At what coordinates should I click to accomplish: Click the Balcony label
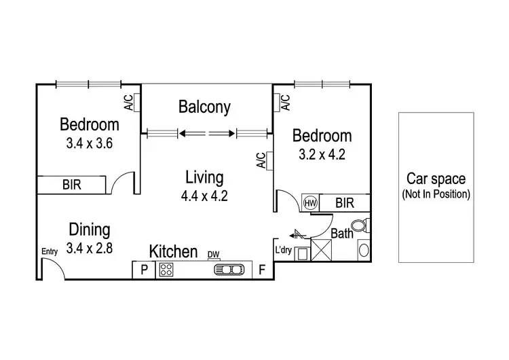point(204,107)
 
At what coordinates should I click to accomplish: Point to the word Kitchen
point(173,251)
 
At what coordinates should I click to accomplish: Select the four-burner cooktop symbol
point(166,270)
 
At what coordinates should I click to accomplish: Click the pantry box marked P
point(144,270)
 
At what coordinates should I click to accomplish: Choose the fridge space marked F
point(262,270)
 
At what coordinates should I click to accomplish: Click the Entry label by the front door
point(50,251)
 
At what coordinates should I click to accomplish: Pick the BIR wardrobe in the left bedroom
point(71,184)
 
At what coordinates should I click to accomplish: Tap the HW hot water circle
point(311,202)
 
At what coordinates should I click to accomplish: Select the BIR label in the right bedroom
point(344,202)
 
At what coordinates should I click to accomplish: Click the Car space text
point(435,179)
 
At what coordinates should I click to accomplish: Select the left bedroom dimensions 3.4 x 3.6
point(88,143)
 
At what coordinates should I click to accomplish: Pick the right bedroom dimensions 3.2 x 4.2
point(322,154)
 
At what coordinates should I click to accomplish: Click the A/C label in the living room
point(261,160)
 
